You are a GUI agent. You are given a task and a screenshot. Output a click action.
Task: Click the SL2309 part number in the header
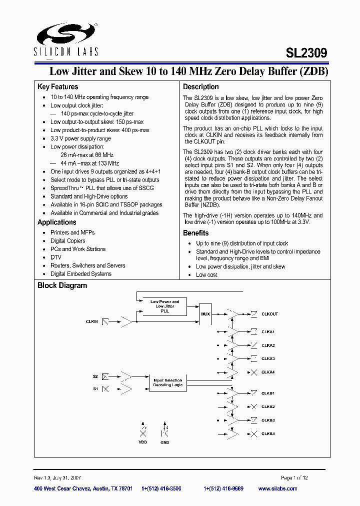pos(307,52)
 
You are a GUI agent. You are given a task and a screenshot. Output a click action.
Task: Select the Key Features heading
pos(57,87)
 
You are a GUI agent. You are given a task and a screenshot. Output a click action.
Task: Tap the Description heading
pos(200,87)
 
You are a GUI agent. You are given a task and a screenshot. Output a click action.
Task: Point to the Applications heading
pos(57,222)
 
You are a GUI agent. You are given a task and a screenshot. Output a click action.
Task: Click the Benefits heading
pos(195,233)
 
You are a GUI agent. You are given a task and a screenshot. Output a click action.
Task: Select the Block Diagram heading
pos(62,286)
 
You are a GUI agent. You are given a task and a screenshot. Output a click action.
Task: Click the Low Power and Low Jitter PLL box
pos(164,306)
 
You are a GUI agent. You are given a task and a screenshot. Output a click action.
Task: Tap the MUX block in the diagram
pos(205,314)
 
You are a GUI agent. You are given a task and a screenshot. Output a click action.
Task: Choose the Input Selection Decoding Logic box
pos(168,383)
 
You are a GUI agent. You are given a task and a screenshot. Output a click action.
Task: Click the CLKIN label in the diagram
pos(91,321)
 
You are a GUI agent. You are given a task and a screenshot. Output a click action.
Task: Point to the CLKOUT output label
pos(269,314)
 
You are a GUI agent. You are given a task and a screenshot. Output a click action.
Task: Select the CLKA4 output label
pos(268,372)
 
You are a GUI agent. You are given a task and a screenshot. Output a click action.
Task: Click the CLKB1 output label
pos(268,393)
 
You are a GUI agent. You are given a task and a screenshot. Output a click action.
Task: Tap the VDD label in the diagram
pos(143,442)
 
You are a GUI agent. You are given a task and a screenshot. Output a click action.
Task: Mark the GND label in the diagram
pos(164,442)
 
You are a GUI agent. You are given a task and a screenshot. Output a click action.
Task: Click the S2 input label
pos(94,376)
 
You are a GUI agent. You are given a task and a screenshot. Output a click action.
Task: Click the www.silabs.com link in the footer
pos(279,488)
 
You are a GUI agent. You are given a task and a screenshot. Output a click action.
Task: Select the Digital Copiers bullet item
pos(67,241)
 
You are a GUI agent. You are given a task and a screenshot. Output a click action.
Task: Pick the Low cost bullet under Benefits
pos(206,275)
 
